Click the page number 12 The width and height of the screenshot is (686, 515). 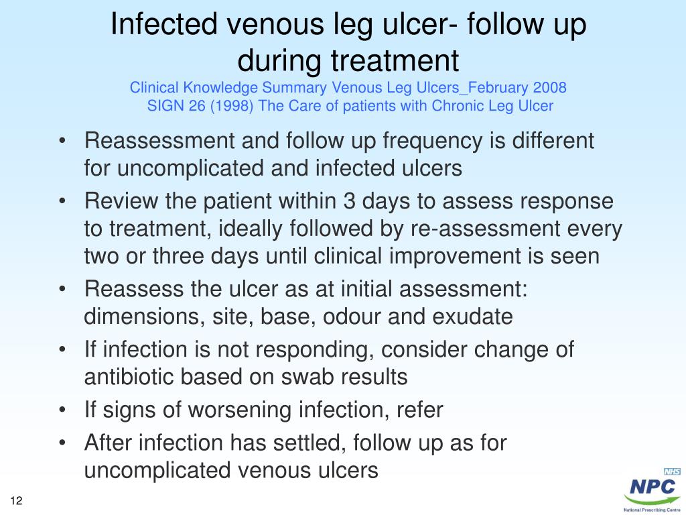tap(17, 501)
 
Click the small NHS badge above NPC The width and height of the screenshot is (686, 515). tap(671, 471)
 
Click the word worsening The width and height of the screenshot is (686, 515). tap(221, 410)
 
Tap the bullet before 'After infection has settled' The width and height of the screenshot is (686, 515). tap(62, 443)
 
